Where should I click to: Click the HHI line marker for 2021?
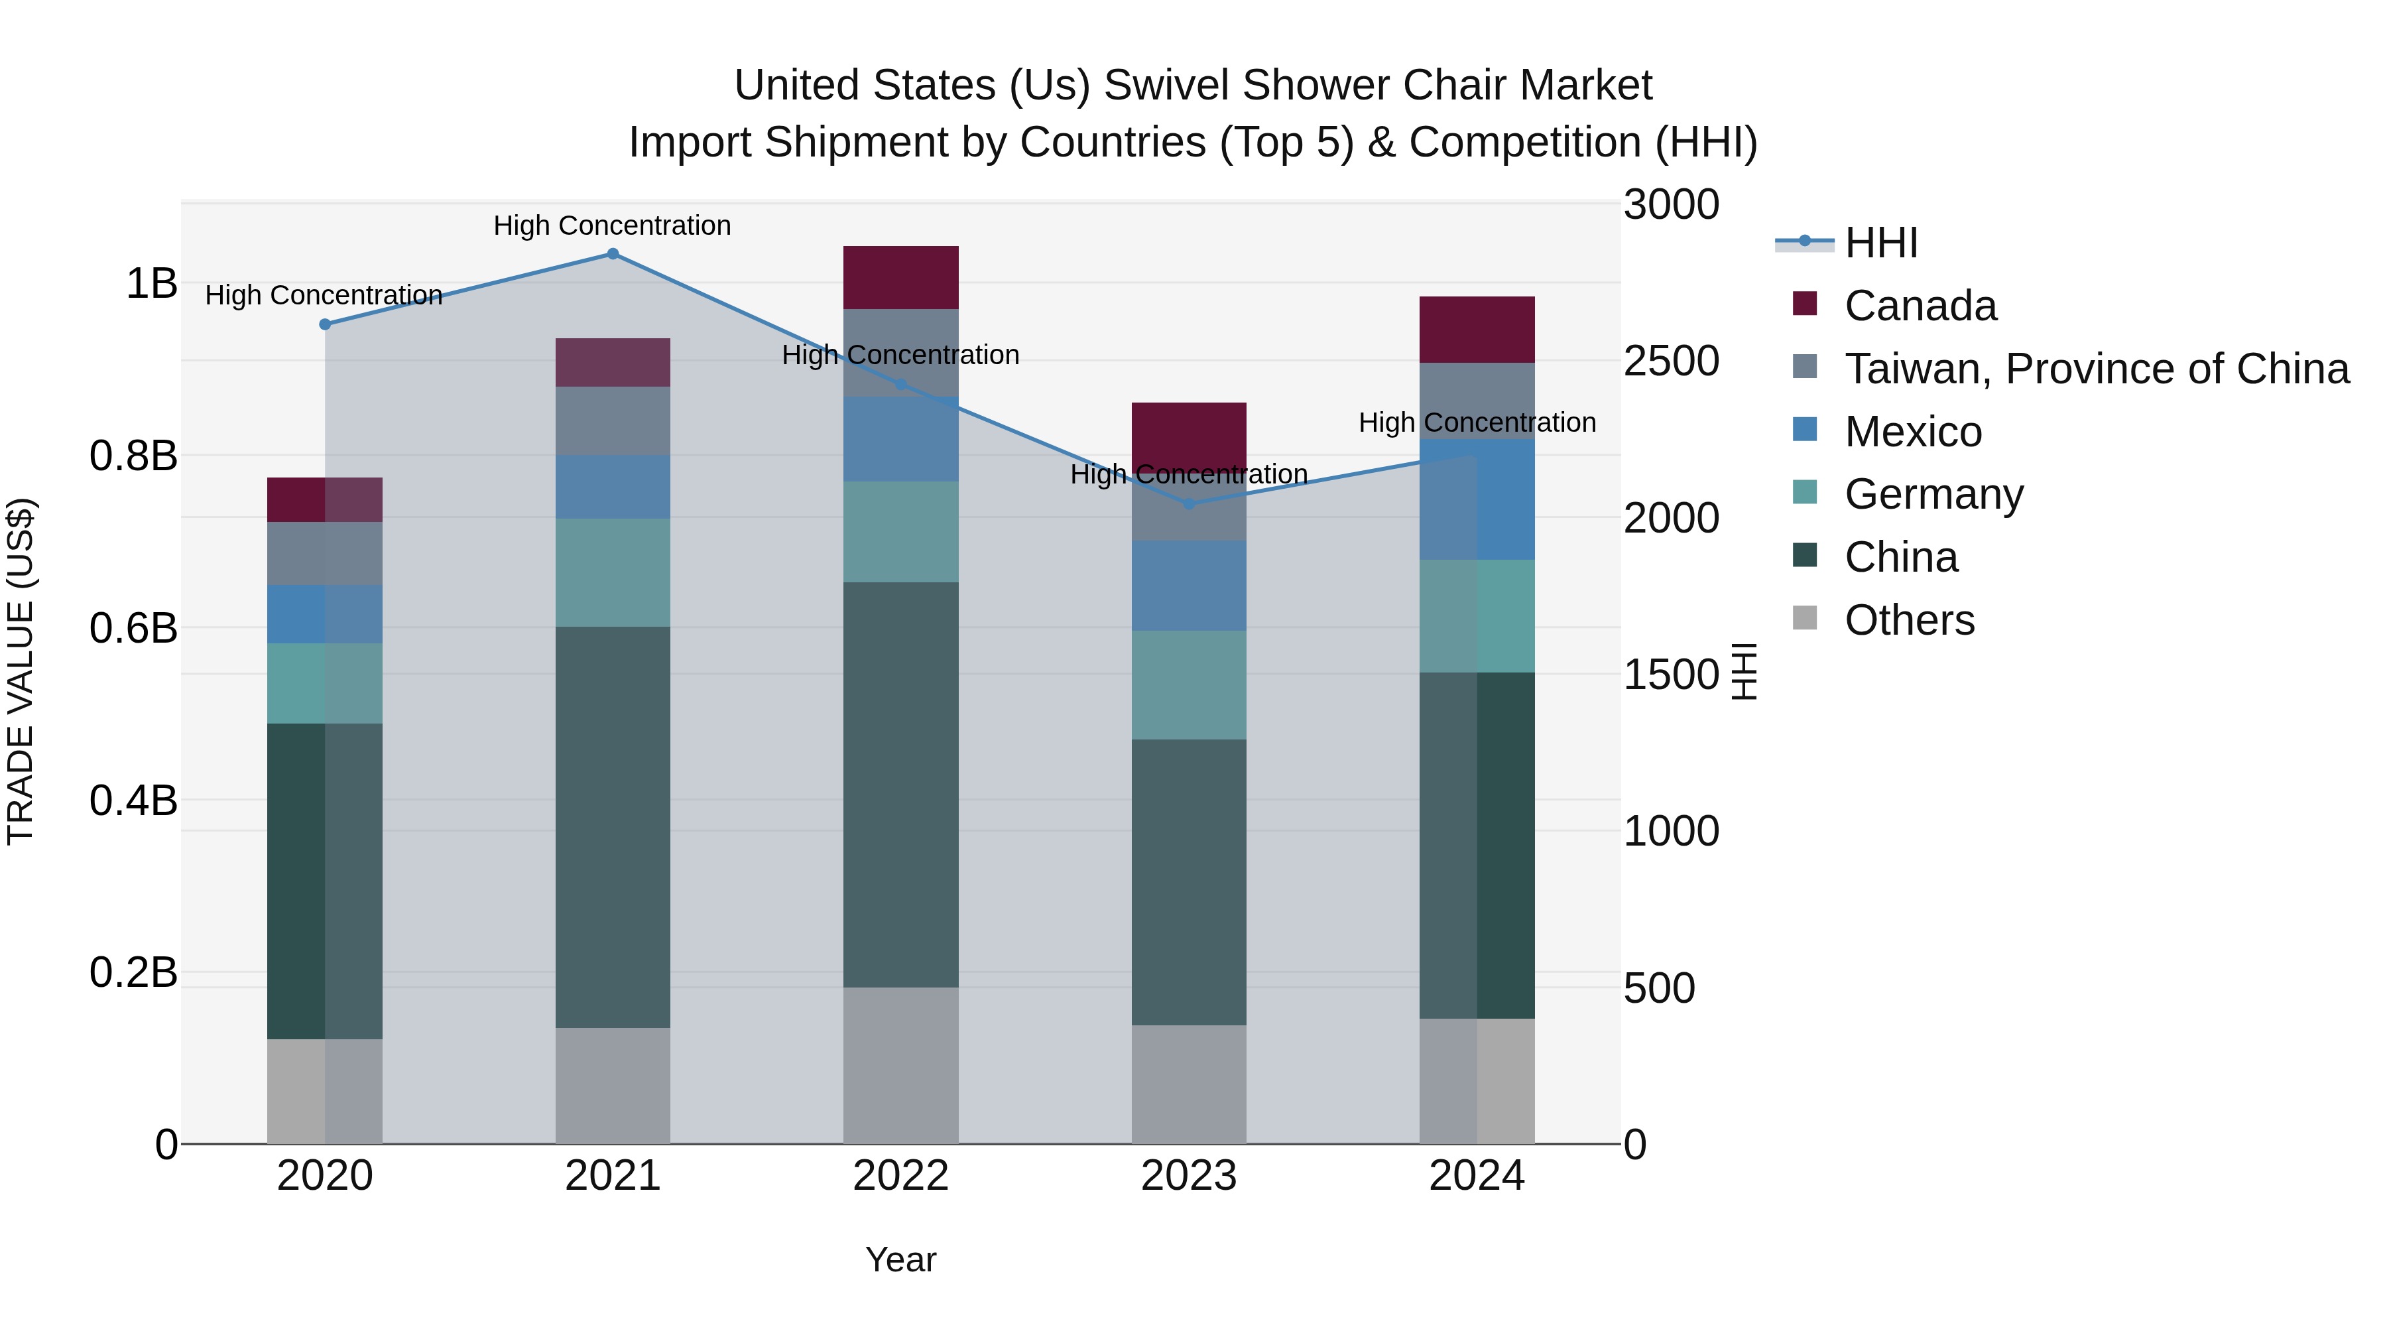(x=613, y=254)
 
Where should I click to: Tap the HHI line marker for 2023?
(x=1189, y=504)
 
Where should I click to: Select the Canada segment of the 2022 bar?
(x=900, y=277)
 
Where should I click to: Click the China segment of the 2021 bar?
(x=613, y=827)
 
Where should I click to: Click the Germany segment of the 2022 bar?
(x=900, y=532)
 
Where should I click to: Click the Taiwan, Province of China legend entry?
(x=2096, y=369)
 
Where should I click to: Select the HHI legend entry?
(x=1880, y=243)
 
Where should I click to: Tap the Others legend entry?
(x=1909, y=620)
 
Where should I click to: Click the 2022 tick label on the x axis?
(x=900, y=1176)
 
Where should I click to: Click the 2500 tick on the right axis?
(x=1671, y=361)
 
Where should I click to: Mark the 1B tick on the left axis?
(x=151, y=284)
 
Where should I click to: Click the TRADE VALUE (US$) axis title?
(x=21, y=671)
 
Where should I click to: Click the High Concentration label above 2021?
(x=613, y=225)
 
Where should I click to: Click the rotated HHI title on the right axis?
(x=1744, y=671)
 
